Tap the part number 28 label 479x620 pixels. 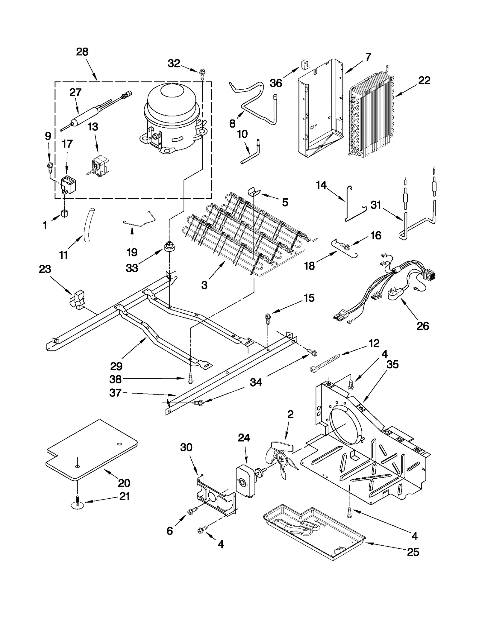(x=82, y=52)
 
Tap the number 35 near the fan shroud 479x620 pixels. (x=392, y=365)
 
